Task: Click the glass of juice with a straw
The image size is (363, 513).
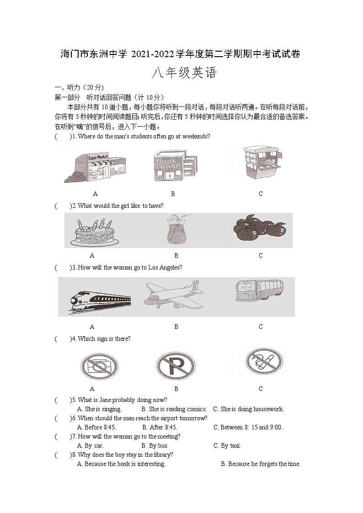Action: click(176, 231)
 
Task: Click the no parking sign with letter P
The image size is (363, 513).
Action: click(176, 366)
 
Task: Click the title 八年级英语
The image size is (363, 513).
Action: click(184, 73)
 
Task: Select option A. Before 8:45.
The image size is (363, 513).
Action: click(96, 427)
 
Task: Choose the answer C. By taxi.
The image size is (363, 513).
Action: click(227, 445)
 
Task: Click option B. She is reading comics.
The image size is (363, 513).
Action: click(174, 409)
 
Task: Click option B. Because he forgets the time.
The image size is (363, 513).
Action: click(260, 464)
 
